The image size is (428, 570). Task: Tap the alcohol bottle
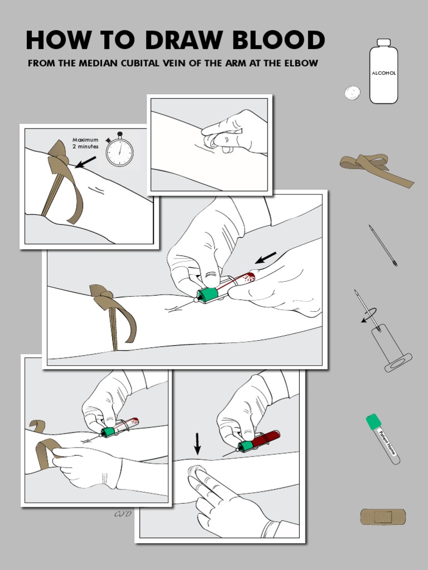coord(383,72)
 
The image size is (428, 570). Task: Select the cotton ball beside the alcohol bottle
coord(352,92)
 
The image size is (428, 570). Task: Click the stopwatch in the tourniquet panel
coord(119,150)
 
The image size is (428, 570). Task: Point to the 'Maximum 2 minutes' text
coord(85,143)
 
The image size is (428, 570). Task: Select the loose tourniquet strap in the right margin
coord(376,169)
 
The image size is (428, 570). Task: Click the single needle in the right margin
coord(383,245)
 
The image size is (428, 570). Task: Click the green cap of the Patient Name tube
coord(372,422)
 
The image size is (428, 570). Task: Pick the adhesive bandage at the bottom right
coord(382,517)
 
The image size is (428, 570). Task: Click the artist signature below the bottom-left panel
coord(122,514)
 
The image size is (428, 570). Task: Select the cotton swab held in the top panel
coord(213,141)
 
